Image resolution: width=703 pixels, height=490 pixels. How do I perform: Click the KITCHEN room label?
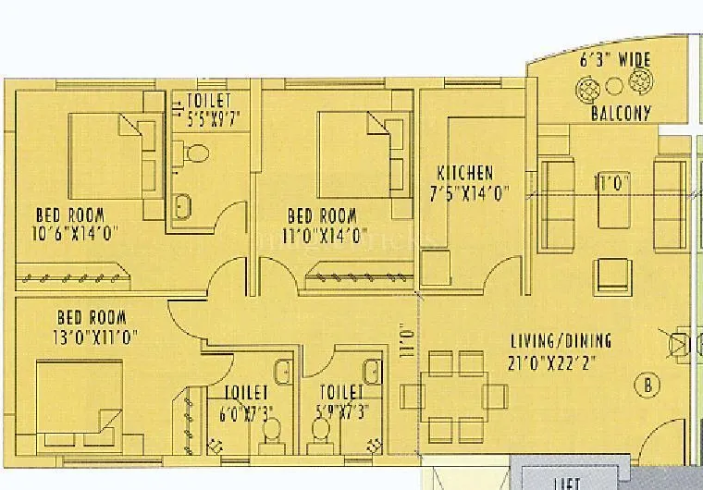tap(465, 173)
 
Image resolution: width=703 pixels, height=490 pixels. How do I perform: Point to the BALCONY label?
tap(621, 114)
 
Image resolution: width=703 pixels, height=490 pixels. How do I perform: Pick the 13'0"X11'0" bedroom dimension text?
tap(96, 337)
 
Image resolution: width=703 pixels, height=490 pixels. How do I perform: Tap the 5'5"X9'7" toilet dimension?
tap(208, 118)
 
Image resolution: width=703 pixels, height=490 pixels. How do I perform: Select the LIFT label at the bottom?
tap(566, 484)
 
